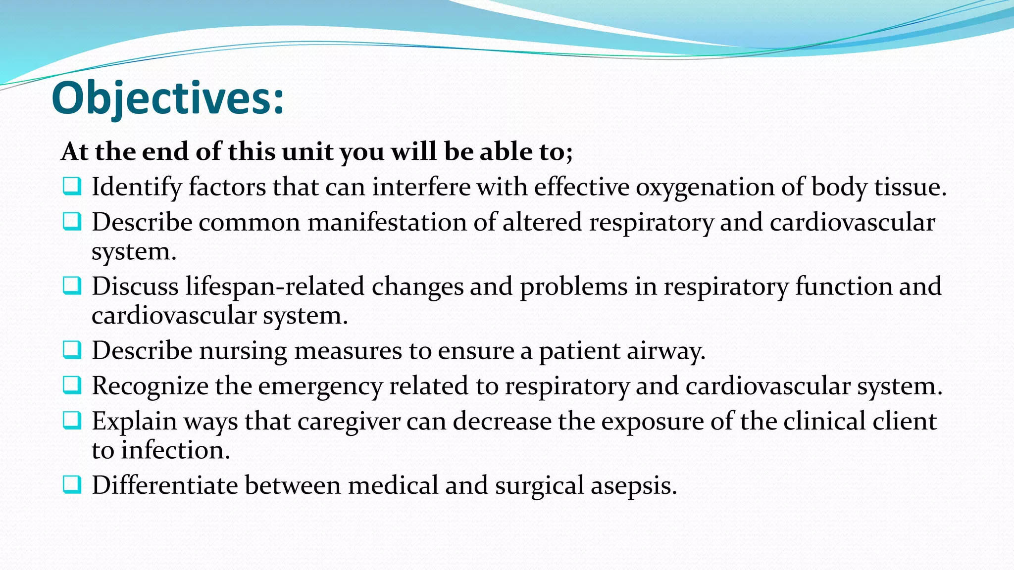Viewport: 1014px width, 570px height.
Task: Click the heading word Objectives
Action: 167,98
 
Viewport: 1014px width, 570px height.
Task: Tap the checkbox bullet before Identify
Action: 72,187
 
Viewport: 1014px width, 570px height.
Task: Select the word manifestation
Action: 387,222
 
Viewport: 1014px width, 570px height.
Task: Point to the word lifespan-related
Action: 275,286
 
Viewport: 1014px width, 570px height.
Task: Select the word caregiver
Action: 349,422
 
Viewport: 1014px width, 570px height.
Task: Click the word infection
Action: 175,450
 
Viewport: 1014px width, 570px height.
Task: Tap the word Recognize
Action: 150,386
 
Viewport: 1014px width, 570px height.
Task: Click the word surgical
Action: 539,485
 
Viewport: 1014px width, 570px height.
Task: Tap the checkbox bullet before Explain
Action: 72,421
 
